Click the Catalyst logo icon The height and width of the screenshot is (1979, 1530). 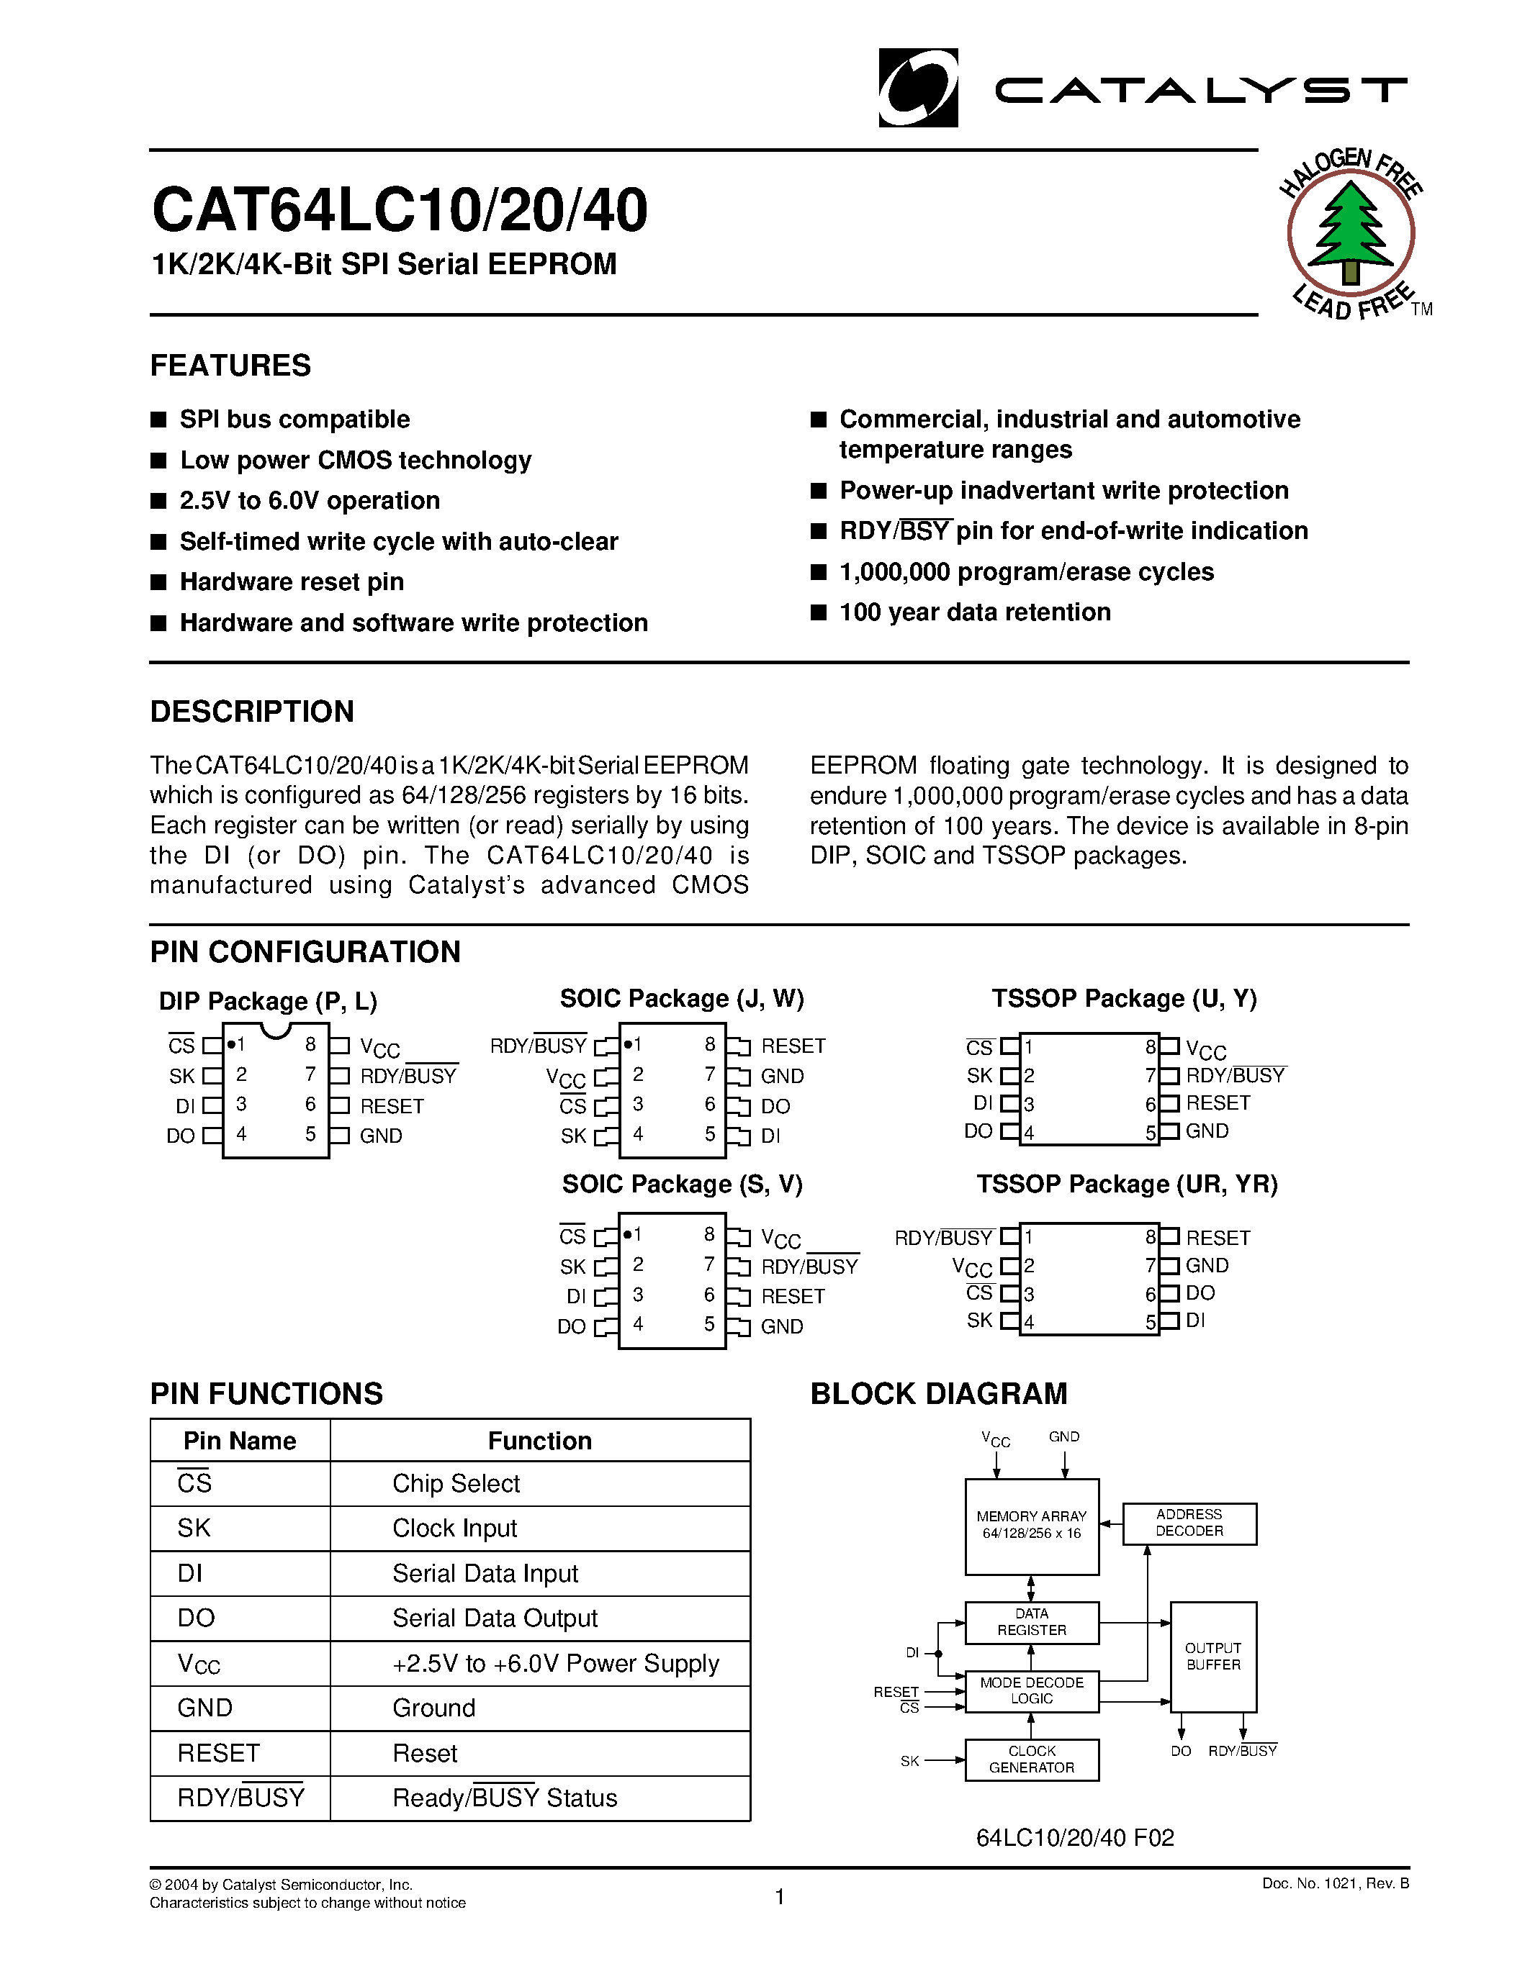click(x=917, y=88)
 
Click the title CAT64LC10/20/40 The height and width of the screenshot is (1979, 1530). click(x=400, y=210)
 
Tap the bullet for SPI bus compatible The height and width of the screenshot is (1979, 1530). click(x=158, y=420)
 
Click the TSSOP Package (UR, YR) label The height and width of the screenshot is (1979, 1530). click(x=1127, y=1185)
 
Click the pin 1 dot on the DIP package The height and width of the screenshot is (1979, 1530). click(x=231, y=1044)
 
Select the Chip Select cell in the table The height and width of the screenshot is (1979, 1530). click(x=456, y=1483)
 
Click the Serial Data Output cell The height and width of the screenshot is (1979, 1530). click(x=495, y=1618)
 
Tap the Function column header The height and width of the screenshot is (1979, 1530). click(x=539, y=1441)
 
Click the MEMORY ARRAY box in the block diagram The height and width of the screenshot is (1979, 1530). click(x=1032, y=1526)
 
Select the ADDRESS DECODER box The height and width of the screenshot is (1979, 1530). click(x=1189, y=1523)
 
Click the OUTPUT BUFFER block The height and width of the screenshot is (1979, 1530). click(x=1212, y=1657)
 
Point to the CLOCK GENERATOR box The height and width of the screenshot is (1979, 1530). click(x=1032, y=1760)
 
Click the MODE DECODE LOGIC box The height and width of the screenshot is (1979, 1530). click(x=1032, y=1691)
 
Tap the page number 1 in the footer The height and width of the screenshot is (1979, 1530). click(x=780, y=1896)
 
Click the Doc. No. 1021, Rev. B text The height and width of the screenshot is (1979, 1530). click(x=1335, y=1884)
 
